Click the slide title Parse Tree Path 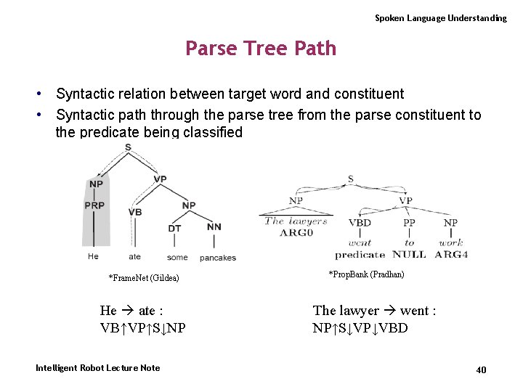(x=261, y=49)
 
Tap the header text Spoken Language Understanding (x=440, y=18)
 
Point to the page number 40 (x=481, y=370)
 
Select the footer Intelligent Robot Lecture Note (x=98, y=368)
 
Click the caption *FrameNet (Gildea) (x=144, y=278)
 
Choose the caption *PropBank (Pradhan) (x=366, y=274)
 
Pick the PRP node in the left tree (x=95, y=205)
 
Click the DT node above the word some (x=175, y=228)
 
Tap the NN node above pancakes (x=214, y=227)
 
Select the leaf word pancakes (x=218, y=258)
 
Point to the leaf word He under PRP (x=93, y=256)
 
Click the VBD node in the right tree (x=360, y=223)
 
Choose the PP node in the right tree (x=410, y=223)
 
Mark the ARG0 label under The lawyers (x=296, y=232)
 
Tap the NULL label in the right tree (x=409, y=255)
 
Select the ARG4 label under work (x=451, y=255)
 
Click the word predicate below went (x=360, y=255)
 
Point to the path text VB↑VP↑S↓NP (x=143, y=328)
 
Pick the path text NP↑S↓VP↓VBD (x=360, y=328)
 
